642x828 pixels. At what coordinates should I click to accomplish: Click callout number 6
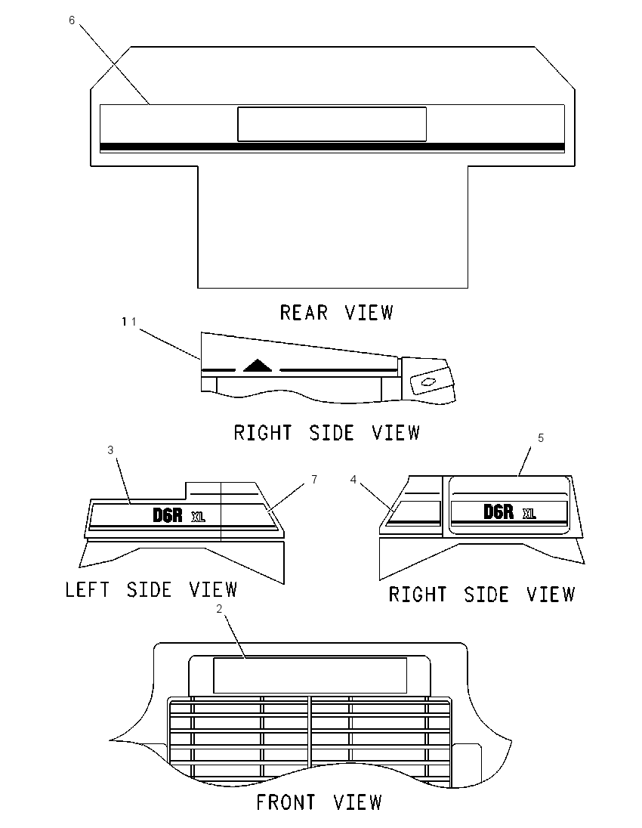(x=72, y=20)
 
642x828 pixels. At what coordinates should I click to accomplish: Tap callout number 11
(x=129, y=321)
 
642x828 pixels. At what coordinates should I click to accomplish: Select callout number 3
(x=110, y=450)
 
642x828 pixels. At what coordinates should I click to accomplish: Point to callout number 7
(x=315, y=479)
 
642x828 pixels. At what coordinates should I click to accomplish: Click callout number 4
(x=353, y=479)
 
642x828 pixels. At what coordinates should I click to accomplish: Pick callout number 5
(x=541, y=437)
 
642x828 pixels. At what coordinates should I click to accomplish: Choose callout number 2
(x=219, y=609)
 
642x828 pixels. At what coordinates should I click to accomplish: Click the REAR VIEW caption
(x=336, y=313)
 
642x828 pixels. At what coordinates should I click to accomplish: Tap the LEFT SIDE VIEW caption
(x=151, y=590)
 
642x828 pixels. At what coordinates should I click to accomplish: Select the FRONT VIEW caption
(x=319, y=802)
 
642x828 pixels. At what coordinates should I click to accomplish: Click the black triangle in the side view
(x=258, y=365)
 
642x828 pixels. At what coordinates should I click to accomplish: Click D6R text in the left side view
(x=168, y=515)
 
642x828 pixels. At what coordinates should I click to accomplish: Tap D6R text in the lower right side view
(x=498, y=511)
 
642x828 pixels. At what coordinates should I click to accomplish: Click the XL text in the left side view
(x=198, y=517)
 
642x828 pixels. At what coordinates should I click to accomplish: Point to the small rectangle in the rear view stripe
(x=332, y=124)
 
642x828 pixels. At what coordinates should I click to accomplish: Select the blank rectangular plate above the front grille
(x=310, y=675)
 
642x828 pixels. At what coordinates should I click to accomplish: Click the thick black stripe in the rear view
(x=332, y=147)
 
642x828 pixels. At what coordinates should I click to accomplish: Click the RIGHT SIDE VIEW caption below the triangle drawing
(x=327, y=433)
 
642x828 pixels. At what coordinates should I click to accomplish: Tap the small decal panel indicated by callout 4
(x=413, y=513)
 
